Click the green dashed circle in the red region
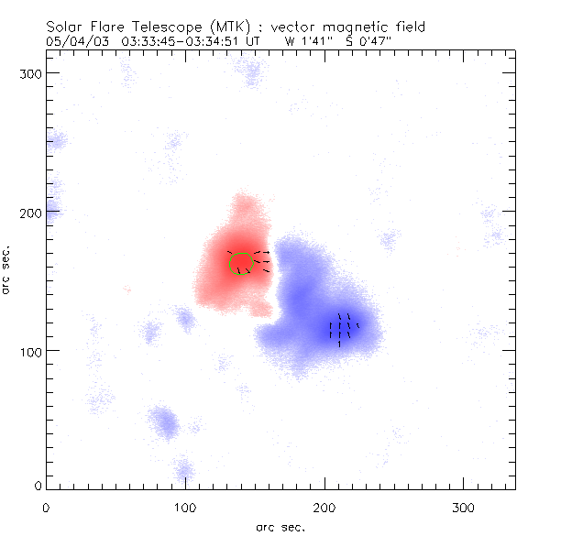[x=240, y=261]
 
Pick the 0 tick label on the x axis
[x=46, y=505]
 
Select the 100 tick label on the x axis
[x=185, y=505]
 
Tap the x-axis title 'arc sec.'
[x=280, y=526]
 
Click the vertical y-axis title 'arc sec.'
[x=7, y=268]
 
